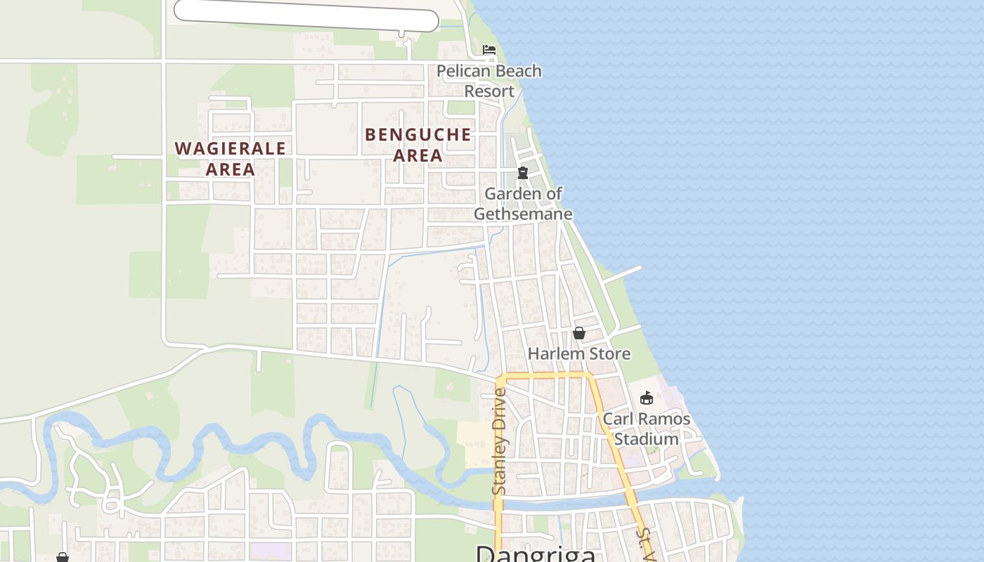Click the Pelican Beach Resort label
click(x=489, y=81)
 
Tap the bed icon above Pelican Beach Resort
click(x=489, y=50)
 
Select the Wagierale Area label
click(x=231, y=159)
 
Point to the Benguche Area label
click(x=418, y=145)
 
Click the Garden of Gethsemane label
click(x=523, y=203)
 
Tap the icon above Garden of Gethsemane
click(x=523, y=173)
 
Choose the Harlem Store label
click(x=579, y=353)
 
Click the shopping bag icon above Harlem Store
click(x=579, y=333)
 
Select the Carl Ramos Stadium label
click(x=647, y=429)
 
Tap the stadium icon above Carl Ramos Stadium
click(x=647, y=398)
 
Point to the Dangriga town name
click(x=536, y=554)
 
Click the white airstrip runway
click(x=306, y=15)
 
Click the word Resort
click(x=489, y=91)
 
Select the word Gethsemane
click(x=523, y=214)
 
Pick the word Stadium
click(x=647, y=439)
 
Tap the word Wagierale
click(x=231, y=148)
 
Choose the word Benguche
click(x=418, y=134)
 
